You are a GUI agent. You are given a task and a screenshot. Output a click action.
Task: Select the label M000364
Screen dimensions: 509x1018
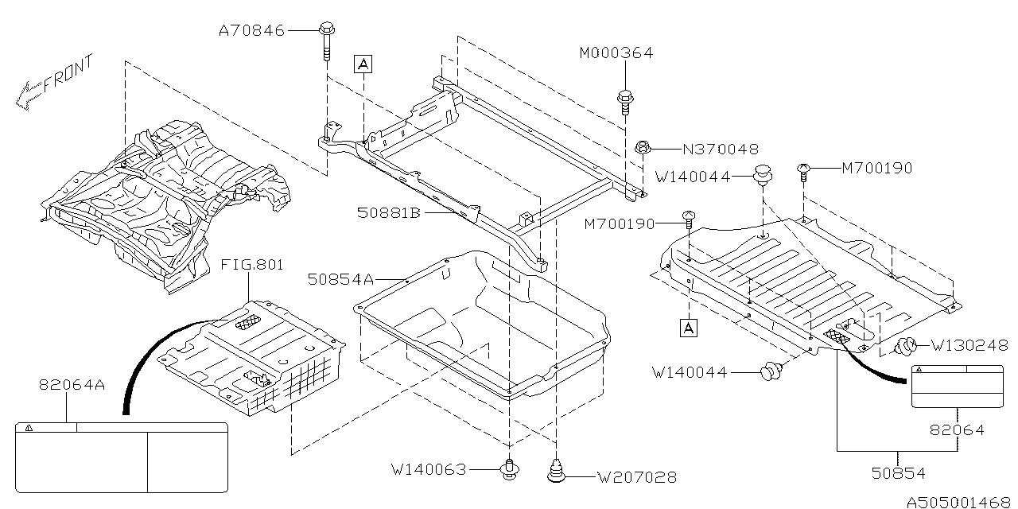click(x=616, y=53)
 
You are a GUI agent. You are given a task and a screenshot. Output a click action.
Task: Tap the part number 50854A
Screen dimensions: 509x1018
click(x=341, y=279)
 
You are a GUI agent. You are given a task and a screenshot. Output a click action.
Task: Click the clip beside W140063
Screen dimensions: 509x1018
click(x=508, y=469)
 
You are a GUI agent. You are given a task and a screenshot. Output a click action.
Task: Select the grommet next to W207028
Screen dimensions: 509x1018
click(x=557, y=471)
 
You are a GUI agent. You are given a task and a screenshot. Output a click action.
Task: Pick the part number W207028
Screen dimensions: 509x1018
click(x=638, y=477)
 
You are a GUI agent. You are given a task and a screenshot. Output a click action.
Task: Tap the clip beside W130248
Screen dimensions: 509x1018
click(x=906, y=346)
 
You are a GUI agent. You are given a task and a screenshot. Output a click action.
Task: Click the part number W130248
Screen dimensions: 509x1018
click(x=969, y=346)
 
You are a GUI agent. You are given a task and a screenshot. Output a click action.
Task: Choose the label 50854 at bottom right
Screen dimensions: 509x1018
click(x=898, y=473)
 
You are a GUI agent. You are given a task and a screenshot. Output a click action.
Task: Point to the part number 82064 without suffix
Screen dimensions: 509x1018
click(x=957, y=430)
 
